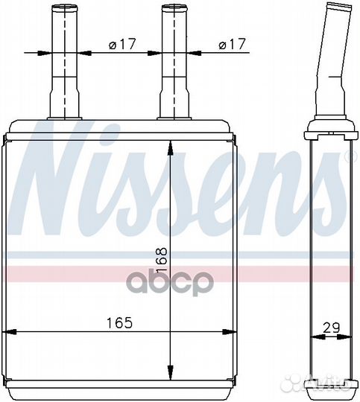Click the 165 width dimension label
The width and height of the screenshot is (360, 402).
point(119,322)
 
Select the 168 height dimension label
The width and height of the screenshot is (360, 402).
point(162,261)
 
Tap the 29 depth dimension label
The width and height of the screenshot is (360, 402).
point(331,328)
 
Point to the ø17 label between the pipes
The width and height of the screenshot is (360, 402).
point(122,44)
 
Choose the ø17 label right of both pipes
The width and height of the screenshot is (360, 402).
point(232,44)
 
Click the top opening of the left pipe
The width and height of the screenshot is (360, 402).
point(65,7)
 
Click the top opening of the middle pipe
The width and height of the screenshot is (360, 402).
point(174,7)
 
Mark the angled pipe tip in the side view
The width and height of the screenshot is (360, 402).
point(338,7)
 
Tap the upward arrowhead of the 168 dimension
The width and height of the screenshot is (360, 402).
point(170,148)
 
